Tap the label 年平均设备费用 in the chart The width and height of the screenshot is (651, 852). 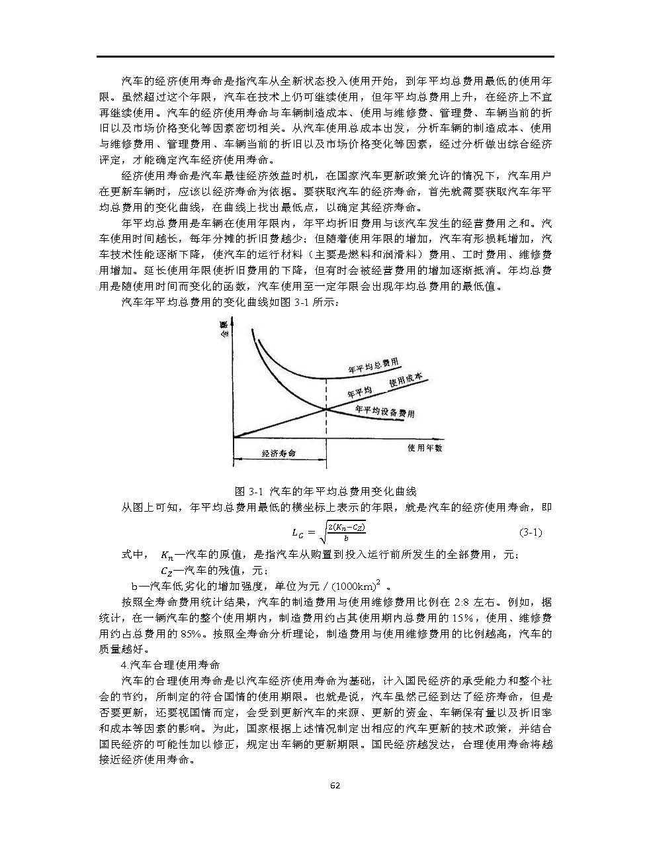pyautogui.click(x=384, y=412)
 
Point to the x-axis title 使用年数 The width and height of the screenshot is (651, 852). pyautogui.click(x=424, y=448)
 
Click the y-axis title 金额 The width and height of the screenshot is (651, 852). pyautogui.click(x=224, y=329)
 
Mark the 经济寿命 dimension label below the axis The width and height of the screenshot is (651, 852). pyautogui.click(x=279, y=454)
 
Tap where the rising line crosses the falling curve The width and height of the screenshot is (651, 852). pyautogui.click(x=326, y=408)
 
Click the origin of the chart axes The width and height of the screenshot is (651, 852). pyautogui.click(x=234, y=438)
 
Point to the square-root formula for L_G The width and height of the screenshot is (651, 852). pyautogui.click(x=329, y=532)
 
